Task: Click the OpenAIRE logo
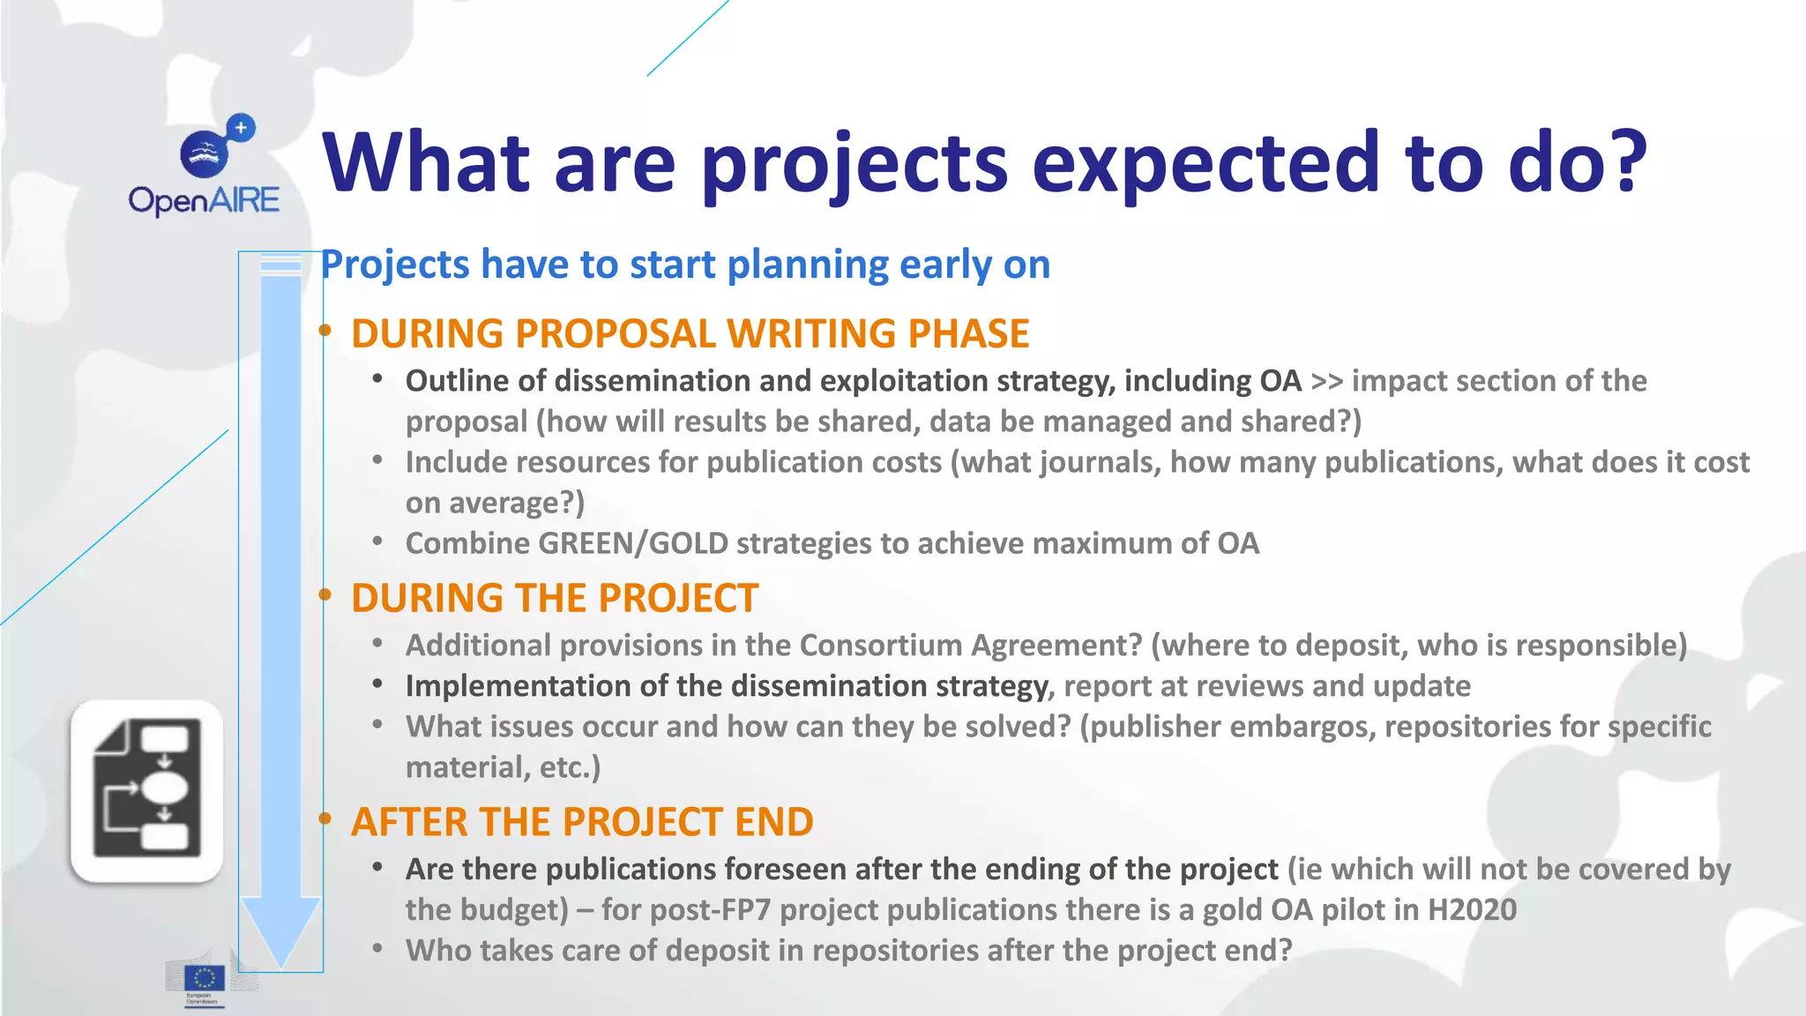(x=205, y=167)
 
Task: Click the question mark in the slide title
(x=1621, y=162)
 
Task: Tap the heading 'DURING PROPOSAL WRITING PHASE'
(x=690, y=334)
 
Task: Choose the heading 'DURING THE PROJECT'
(x=555, y=598)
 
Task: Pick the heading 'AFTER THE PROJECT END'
(x=582, y=822)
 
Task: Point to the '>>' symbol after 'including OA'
(x=1326, y=381)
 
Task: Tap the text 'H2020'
(x=1472, y=910)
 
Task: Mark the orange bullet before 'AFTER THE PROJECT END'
(x=325, y=819)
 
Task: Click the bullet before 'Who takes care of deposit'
(x=377, y=949)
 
